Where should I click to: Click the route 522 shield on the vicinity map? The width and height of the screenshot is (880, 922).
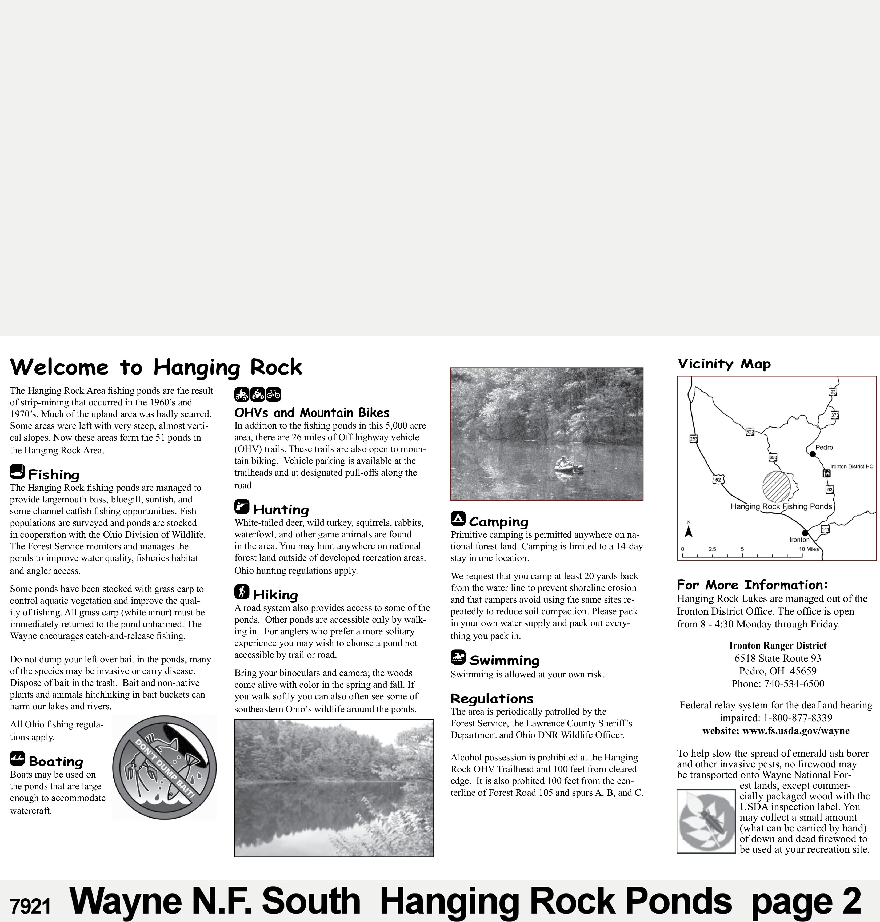click(x=750, y=432)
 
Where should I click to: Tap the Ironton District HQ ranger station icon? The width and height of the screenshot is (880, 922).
click(x=826, y=473)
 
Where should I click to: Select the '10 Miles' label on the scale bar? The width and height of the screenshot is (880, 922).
click(x=809, y=549)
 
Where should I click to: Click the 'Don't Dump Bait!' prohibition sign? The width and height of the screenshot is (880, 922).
click(x=164, y=768)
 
